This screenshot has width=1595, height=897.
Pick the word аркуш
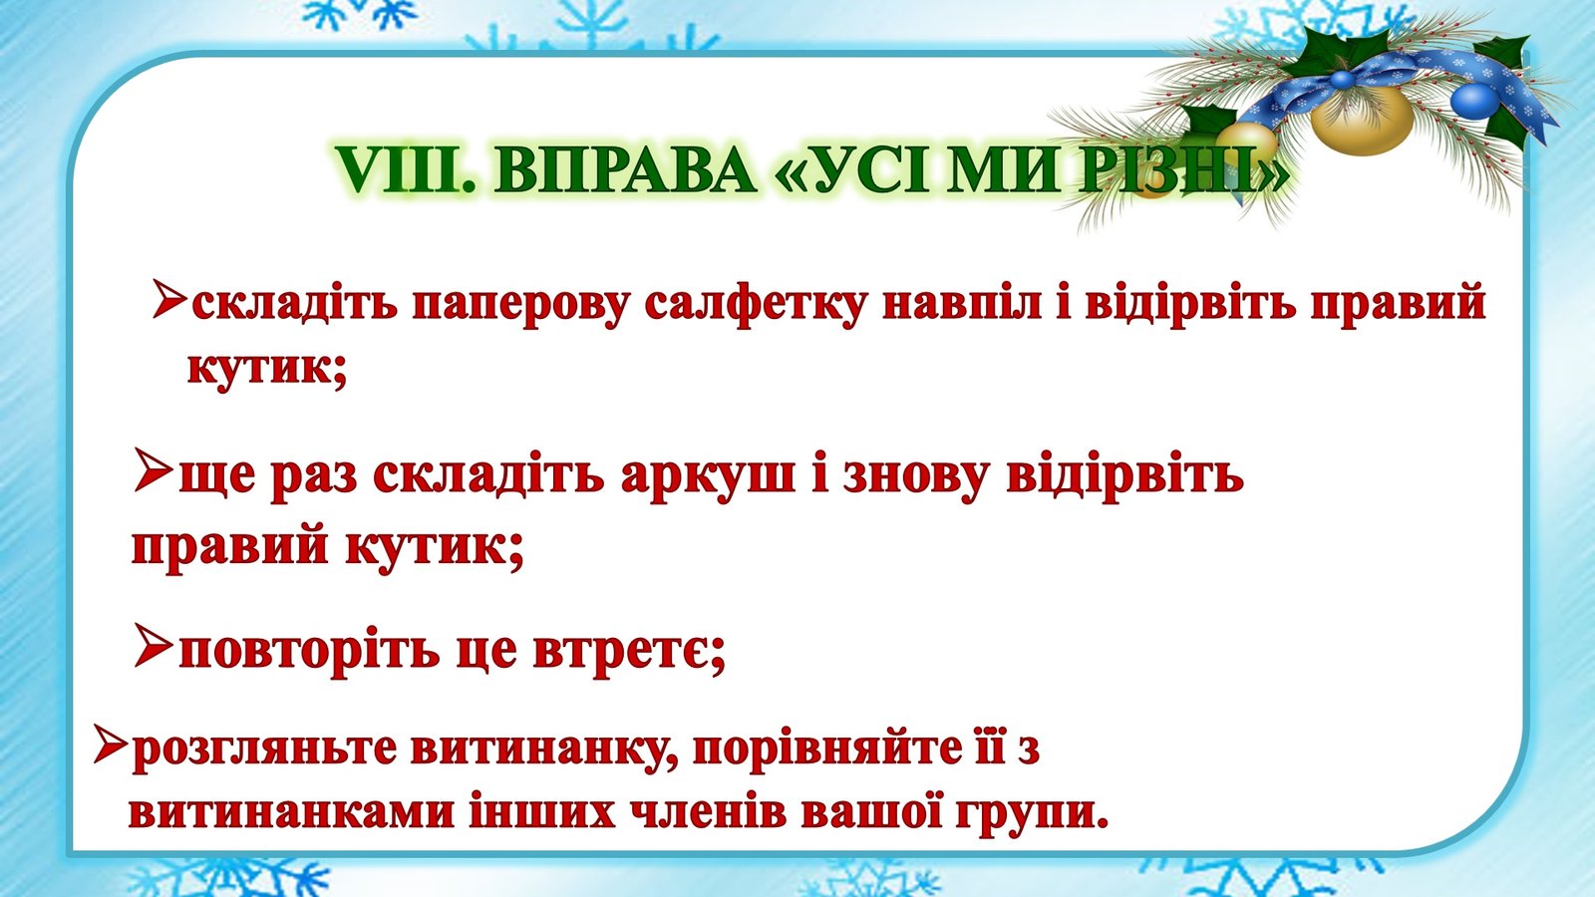pos(708,474)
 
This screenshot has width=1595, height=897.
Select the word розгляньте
pos(264,750)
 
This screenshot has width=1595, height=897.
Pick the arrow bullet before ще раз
pos(154,469)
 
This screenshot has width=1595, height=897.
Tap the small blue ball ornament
pos(1474,101)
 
